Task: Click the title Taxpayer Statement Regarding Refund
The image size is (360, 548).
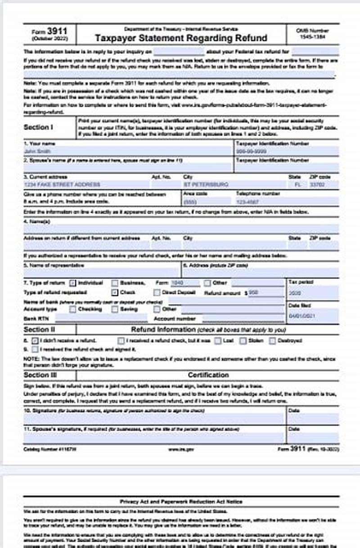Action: [181, 38]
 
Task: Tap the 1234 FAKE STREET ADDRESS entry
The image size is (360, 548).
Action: [85, 184]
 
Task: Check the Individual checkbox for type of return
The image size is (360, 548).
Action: [73, 283]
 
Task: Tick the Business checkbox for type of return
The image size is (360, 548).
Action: [115, 283]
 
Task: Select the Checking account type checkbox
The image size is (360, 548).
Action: [73, 309]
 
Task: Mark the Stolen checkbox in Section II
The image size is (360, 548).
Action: [243, 341]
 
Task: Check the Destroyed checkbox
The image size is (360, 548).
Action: [272, 341]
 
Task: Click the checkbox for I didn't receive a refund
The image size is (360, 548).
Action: [35, 341]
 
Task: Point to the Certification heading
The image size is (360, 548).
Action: [208, 375]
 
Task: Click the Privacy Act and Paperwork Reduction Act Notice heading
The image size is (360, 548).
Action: [181, 501]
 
